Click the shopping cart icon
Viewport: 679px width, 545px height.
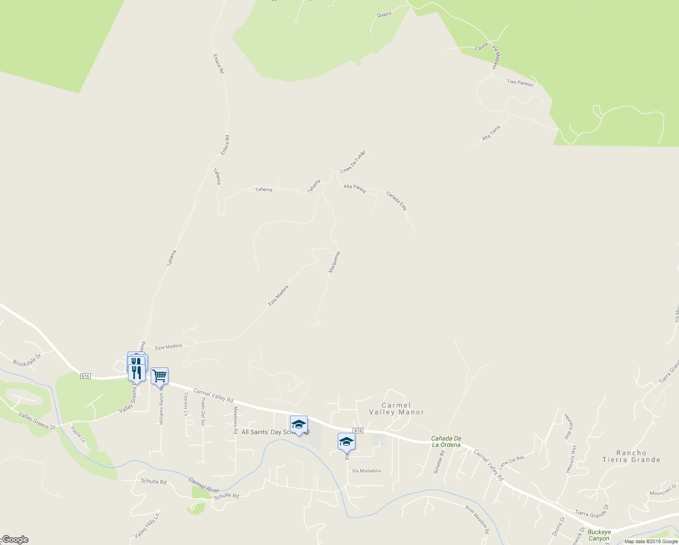point(159,376)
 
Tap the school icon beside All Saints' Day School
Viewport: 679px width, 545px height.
point(299,424)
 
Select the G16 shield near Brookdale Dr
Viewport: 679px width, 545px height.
point(85,376)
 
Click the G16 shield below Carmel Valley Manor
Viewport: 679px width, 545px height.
point(358,431)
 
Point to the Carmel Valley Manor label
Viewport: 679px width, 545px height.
point(396,409)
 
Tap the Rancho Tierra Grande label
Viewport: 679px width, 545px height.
point(631,456)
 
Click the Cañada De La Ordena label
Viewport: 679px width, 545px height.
point(446,441)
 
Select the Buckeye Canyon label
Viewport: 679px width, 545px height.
point(599,535)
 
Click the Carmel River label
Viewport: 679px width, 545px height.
point(204,485)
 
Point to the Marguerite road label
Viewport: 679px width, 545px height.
point(334,262)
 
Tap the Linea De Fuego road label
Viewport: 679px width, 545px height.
point(353,162)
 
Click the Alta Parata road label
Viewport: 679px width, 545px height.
point(354,188)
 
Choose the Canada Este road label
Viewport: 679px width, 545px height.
point(396,201)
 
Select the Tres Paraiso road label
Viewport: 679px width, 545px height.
point(520,83)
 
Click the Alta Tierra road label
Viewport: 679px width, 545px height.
point(491,133)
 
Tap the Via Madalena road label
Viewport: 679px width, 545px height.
point(366,471)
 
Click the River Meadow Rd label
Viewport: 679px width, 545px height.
point(477,519)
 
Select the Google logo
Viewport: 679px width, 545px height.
point(15,540)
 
